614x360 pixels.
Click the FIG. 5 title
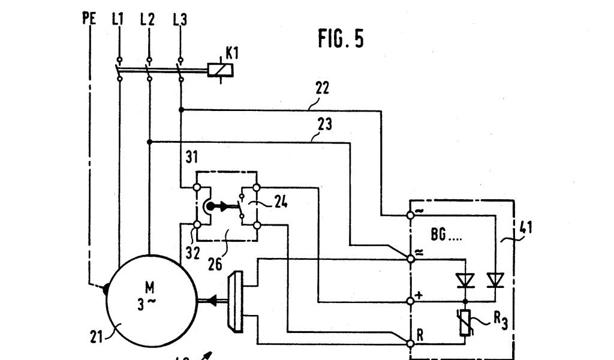point(340,39)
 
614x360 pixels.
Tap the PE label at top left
point(89,20)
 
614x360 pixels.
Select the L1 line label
point(117,20)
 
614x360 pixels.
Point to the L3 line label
point(179,20)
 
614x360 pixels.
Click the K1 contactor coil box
point(220,69)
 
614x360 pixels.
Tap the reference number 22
point(321,89)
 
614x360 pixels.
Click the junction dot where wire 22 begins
point(180,110)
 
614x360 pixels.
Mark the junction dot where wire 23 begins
point(149,142)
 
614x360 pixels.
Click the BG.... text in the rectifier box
point(447,235)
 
